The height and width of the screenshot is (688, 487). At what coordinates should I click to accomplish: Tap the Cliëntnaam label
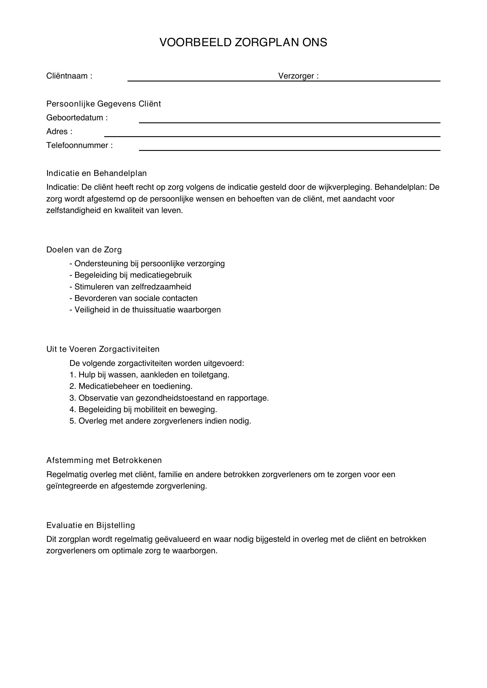pyautogui.click(x=69, y=76)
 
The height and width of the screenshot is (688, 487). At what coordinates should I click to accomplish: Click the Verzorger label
pyautogui.click(x=298, y=76)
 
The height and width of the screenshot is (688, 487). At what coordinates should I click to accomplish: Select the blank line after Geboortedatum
pyautogui.click(x=289, y=122)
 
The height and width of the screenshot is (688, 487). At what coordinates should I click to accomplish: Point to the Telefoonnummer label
pyautogui.click(x=79, y=145)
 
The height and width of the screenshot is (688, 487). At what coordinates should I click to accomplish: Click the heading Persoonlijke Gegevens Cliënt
pyautogui.click(x=103, y=104)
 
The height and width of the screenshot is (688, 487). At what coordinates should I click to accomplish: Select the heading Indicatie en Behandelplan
pyautogui.click(x=96, y=173)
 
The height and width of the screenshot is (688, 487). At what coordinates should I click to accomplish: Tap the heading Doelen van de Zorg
pyautogui.click(x=84, y=250)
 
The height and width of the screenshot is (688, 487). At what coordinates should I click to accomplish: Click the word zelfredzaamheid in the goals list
pyautogui.click(x=161, y=287)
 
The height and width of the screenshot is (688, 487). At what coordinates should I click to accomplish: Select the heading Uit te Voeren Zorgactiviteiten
pyautogui.click(x=103, y=349)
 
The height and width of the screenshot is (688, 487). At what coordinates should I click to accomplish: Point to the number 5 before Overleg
pyautogui.click(x=72, y=421)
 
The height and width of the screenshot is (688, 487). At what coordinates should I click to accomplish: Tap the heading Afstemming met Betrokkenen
pyautogui.click(x=104, y=460)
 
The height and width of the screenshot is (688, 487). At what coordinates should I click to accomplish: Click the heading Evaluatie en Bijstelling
pyautogui.click(x=91, y=525)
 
